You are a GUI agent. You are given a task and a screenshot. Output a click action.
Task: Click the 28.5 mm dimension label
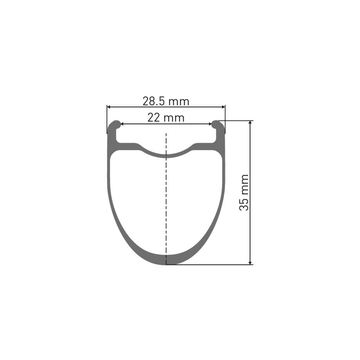coord(166,101)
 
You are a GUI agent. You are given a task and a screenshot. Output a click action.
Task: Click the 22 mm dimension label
coord(166,117)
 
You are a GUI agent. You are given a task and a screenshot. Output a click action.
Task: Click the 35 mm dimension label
coord(244,192)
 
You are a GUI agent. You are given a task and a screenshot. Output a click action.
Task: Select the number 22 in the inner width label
coord(154,117)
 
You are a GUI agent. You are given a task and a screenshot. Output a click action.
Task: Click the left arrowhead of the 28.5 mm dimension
coord(109,107)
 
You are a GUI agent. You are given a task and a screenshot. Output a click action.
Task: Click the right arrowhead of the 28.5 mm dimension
coord(223,107)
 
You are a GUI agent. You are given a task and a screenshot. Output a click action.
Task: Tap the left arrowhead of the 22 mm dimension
coord(122,123)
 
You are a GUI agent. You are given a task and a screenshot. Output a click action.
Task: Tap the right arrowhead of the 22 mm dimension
coord(210,123)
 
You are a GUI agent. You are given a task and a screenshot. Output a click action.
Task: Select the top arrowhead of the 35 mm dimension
coord(250,123)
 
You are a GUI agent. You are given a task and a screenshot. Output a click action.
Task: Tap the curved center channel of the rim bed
coord(166,154)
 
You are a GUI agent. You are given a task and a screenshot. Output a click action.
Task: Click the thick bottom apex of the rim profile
coord(166,259)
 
